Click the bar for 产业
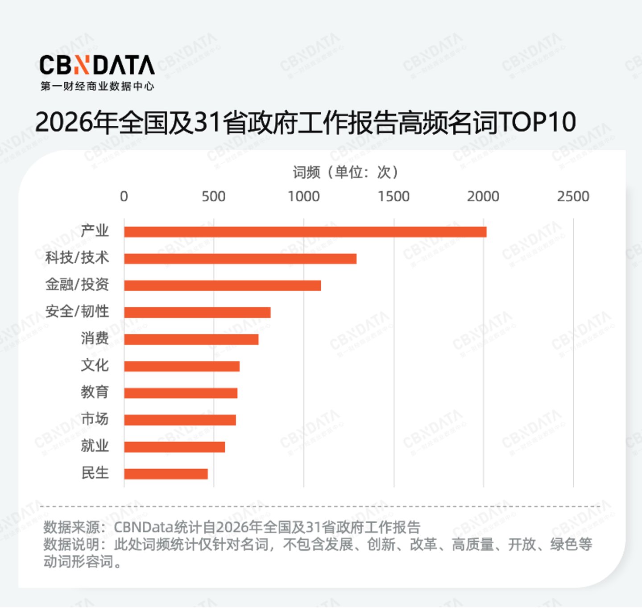(x=305, y=232)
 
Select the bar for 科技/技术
(x=240, y=259)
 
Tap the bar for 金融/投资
(x=222, y=285)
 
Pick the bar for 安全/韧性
(x=197, y=312)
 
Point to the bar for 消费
(x=191, y=339)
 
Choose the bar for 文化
(x=182, y=366)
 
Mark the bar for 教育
(x=181, y=393)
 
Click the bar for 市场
(x=180, y=420)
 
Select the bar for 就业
(x=174, y=447)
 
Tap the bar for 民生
(x=166, y=474)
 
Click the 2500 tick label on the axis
(x=573, y=196)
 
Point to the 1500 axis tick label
(x=393, y=196)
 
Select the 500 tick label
(x=213, y=196)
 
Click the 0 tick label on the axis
(x=124, y=196)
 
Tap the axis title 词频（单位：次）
(x=346, y=172)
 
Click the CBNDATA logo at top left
(x=97, y=66)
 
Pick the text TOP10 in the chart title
(x=537, y=122)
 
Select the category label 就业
(x=95, y=446)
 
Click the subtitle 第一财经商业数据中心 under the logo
(x=97, y=86)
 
